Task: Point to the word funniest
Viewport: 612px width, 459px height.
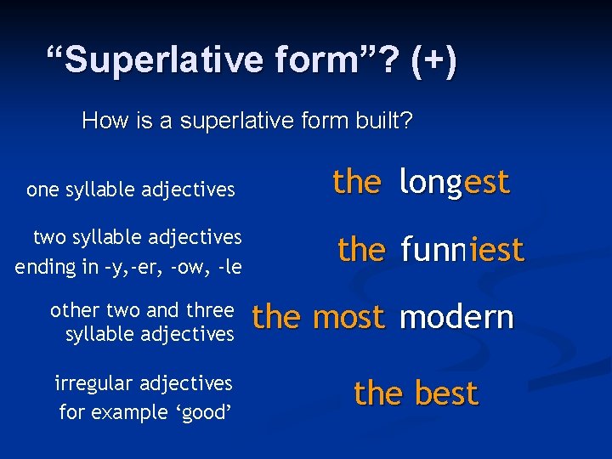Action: [462, 250]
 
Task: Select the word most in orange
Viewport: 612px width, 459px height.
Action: [348, 317]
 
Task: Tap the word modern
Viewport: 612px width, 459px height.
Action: [456, 317]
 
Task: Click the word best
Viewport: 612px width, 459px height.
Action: [446, 394]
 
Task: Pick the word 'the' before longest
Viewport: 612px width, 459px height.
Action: [357, 182]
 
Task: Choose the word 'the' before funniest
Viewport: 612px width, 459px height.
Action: [361, 250]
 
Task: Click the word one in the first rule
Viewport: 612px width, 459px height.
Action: [43, 190]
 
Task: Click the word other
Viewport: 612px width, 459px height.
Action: [75, 310]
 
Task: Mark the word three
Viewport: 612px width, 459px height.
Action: [207, 310]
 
